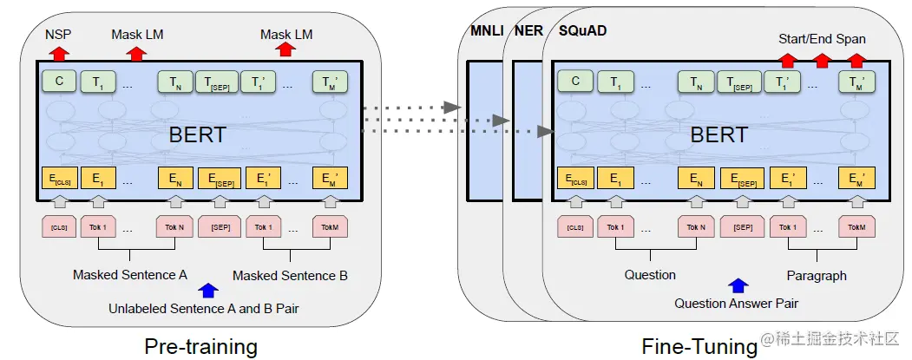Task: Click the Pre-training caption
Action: tap(200, 346)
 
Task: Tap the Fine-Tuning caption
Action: tap(699, 346)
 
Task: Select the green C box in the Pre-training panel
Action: tap(58, 82)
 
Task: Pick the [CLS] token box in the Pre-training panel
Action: tap(58, 227)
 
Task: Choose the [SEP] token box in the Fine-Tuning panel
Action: tap(743, 227)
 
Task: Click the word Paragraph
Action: tap(816, 275)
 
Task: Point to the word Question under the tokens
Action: tap(650, 275)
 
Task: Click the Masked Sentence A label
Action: tap(129, 275)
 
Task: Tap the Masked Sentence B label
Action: tap(290, 275)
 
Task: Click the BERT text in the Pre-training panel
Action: tap(198, 134)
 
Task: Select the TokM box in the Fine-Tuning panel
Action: tap(856, 227)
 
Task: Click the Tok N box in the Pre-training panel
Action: tap(174, 227)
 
